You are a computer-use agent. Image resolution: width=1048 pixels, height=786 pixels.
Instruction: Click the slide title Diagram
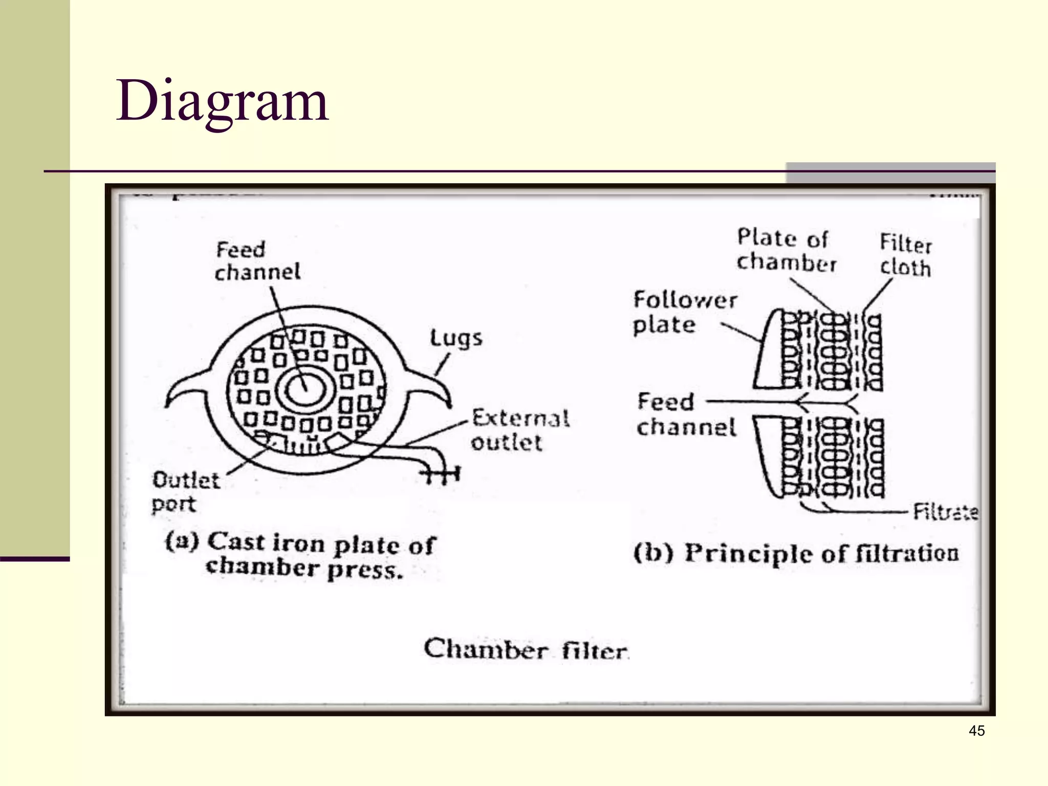click(222, 101)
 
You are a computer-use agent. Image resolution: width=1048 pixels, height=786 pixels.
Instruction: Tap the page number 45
click(976, 731)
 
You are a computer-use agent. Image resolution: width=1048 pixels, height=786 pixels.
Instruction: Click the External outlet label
click(520, 430)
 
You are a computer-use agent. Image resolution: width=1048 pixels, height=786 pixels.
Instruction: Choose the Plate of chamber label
click(785, 250)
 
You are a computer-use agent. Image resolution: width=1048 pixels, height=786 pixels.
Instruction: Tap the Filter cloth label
click(905, 256)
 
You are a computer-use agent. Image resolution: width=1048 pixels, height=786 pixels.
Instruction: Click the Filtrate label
click(946, 511)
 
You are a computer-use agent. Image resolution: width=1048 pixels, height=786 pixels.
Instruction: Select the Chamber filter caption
click(526, 650)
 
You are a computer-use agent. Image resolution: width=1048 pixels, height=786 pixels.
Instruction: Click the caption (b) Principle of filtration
click(796, 554)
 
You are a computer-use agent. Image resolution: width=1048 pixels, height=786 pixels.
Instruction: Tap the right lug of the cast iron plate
click(430, 389)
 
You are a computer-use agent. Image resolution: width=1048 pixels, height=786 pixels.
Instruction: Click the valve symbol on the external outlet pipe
click(441, 475)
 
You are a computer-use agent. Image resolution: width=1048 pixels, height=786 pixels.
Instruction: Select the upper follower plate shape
click(768, 353)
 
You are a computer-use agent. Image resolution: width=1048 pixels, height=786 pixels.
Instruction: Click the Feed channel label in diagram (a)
click(257, 261)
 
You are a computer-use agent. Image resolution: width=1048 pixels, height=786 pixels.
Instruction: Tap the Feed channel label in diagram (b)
click(685, 414)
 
